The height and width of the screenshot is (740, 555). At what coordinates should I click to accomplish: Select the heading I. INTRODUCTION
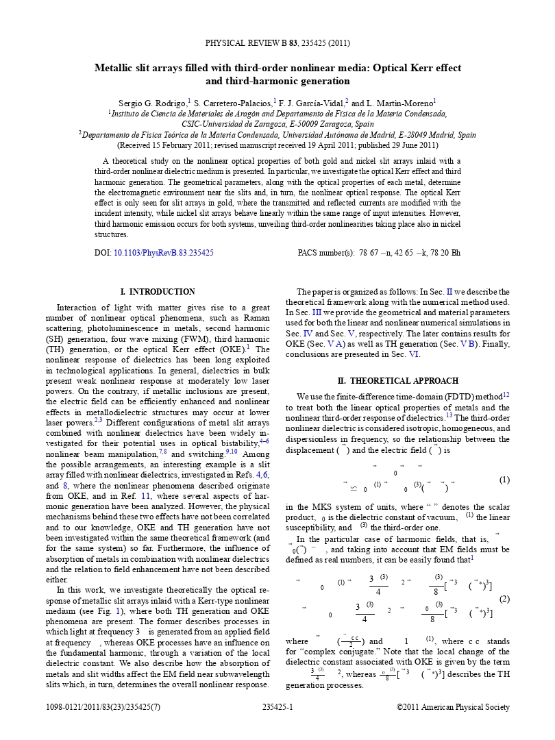[x=157, y=292]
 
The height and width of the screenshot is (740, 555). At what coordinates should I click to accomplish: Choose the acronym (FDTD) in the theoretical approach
[x=418, y=396]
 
